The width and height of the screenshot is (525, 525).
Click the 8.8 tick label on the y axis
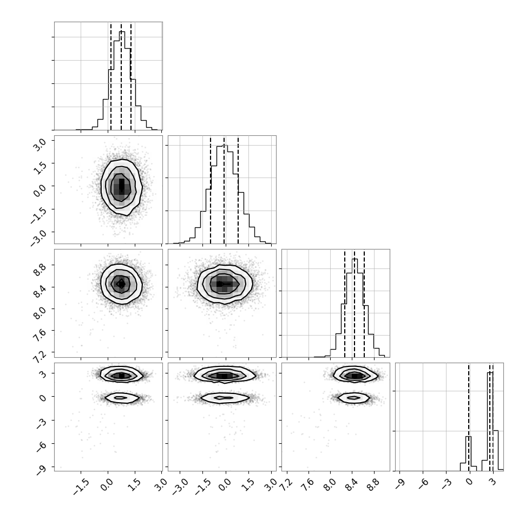(x=39, y=268)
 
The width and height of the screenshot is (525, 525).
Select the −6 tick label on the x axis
(x=423, y=483)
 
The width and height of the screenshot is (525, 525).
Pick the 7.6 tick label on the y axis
(x=39, y=334)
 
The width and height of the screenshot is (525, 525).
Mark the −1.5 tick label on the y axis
(x=37, y=215)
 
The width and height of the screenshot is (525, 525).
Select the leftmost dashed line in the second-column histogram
(x=210, y=190)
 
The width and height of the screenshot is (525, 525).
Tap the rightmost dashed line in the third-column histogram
(x=364, y=303)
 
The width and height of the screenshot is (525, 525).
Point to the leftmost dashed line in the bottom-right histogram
(x=469, y=417)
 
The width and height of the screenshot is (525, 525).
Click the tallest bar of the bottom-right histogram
(x=490, y=421)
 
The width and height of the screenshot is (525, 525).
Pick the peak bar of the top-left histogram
(x=122, y=80)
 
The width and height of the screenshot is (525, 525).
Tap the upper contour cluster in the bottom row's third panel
(x=356, y=375)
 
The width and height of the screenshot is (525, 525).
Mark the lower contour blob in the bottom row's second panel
(x=225, y=398)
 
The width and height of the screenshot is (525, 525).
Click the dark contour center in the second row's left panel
(x=122, y=187)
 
